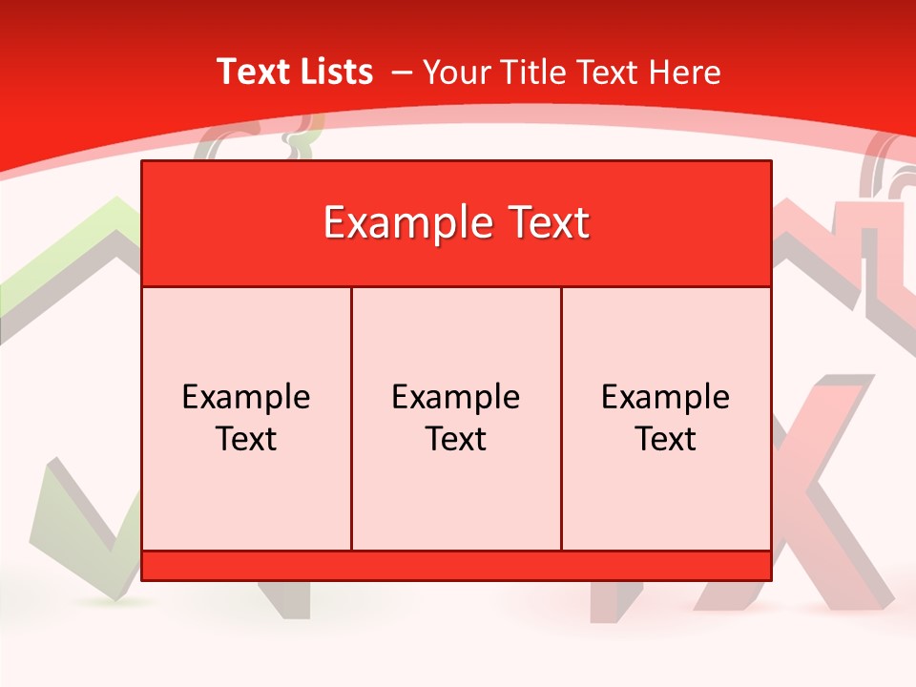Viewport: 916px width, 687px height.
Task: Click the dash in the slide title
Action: (402, 73)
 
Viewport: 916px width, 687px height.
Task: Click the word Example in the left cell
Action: (246, 397)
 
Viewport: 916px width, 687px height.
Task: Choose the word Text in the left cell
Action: (246, 439)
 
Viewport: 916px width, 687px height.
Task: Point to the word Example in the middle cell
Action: (456, 397)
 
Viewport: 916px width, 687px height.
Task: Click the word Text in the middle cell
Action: (456, 439)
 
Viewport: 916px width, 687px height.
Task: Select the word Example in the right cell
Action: (666, 397)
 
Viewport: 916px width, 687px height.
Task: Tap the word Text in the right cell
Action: (666, 439)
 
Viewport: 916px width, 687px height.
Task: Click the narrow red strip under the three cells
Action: (456, 566)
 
